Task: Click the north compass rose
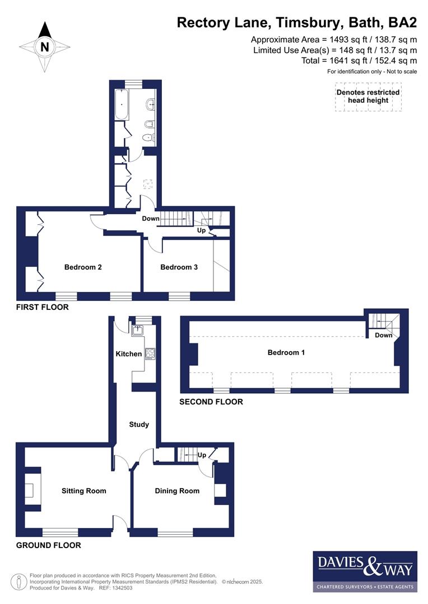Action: point(44,47)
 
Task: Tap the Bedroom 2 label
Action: point(83,267)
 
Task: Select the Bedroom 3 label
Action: point(179,267)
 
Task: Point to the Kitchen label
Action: point(128,354)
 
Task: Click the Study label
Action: point(139,424)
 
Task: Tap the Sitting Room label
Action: point(83,491)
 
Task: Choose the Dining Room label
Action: point(177,491)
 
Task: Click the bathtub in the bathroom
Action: point(121,105)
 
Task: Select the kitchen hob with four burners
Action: point(150,353)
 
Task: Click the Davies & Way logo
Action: point(365,571)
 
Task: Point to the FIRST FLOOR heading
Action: point(43,307)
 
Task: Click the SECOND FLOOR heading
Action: point(211,402)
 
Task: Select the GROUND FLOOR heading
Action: point(48,545)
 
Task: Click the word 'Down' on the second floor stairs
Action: point(384,336)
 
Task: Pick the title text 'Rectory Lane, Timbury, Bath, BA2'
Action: point(297,22)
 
